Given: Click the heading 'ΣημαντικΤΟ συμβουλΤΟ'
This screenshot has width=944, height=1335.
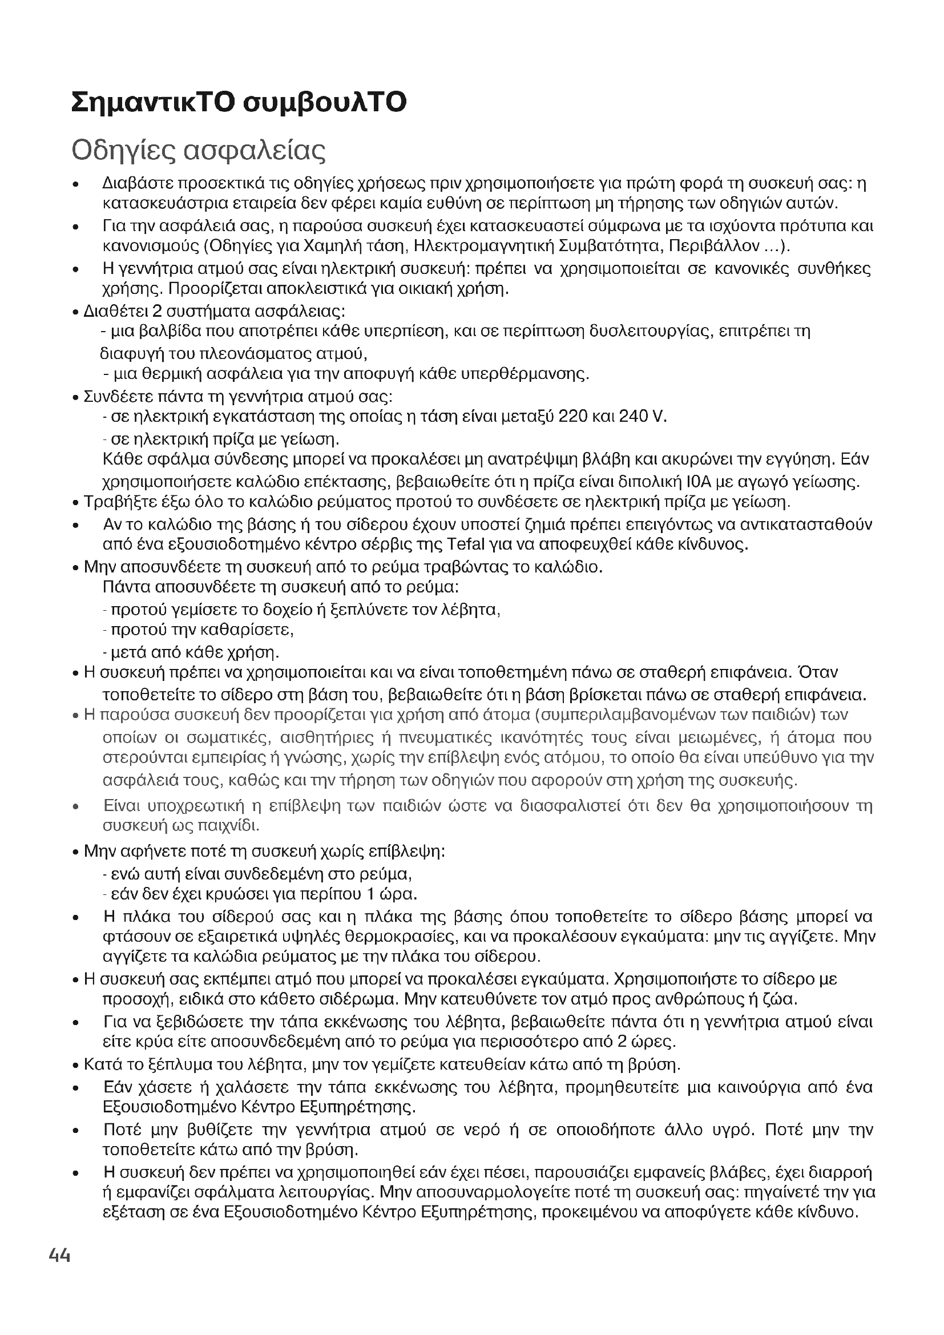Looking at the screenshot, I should (239, 102).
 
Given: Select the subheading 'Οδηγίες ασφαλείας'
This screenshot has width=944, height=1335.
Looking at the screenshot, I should (198, 151).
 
